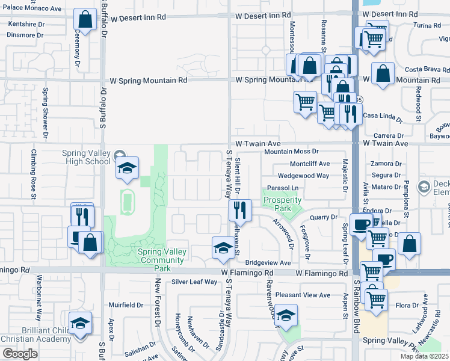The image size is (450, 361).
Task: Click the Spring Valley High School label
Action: [86, 157]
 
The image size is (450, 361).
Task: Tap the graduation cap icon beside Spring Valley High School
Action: [127, 168]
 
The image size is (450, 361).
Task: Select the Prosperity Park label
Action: [282, 203]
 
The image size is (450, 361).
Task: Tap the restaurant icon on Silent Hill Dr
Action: [240, 211]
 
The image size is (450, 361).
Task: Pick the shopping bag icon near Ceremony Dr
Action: [85, 19]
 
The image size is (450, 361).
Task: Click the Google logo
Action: [20, 354]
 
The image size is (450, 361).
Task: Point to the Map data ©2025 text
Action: [425, 356]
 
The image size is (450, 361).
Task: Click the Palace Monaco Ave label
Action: [31, 9]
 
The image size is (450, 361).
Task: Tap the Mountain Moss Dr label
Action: [291, 152]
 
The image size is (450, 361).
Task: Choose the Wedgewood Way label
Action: [304, 176]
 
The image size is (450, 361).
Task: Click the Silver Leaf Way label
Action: [194, 282]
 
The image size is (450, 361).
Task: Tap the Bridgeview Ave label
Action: [268, 263]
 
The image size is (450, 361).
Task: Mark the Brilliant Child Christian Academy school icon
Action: [80, 324]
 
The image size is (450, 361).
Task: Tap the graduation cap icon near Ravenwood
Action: [286, 316]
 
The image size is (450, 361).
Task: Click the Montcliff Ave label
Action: [310, 164]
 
